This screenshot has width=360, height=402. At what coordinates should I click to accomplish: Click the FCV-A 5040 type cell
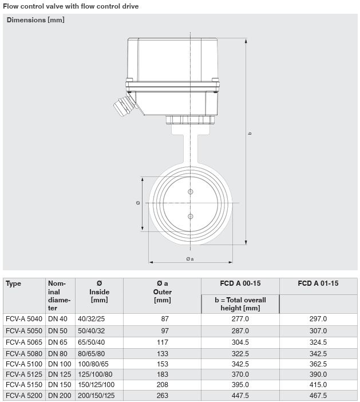tap(24, 319)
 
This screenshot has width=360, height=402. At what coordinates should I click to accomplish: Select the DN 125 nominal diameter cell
tap(60, 375)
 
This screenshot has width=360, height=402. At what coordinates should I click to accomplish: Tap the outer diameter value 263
tap(163, 395)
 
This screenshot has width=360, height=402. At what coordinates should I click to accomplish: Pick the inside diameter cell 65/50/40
tap(91, 342)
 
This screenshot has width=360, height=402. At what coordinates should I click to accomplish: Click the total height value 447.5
tap(240, 395)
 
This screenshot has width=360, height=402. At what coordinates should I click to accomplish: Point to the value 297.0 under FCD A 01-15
tap(318, 319)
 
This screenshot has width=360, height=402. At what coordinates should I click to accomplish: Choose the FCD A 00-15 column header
tap(240, 283)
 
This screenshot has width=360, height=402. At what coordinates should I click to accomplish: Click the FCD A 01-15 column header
tap(318, 283)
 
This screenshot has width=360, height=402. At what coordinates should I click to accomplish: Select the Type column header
tap(13, 283)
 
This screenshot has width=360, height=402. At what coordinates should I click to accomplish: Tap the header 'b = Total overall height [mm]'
tap(240, 304)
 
